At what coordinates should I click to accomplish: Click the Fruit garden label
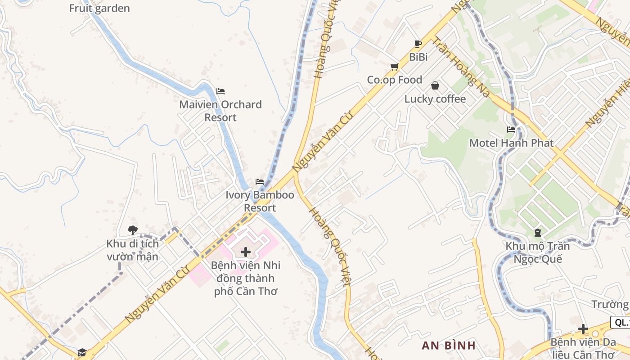pyautogui.click(x=99, y=8)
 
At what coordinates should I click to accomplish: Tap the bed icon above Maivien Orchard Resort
pyautogui.click(x=220, y=91)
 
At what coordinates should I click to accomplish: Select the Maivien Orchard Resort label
pyautogui.click(x=220, y=111)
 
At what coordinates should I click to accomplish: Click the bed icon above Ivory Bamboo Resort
pyautogui.click(x=260, y=182)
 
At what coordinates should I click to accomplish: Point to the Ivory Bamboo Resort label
pyautogui.click(x=260, y=201)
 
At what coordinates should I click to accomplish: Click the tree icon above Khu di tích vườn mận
pyautogui.click(x=133, y=230)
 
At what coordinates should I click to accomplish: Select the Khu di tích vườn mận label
pyautogui.click(x=133, y=250)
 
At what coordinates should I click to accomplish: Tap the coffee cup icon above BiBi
pyautogui.click(x=418, y=44)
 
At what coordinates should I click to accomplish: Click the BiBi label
pyautogui.click(x=418, y=57)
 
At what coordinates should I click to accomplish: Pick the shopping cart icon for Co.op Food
pyautogui.click(x=395, y=67)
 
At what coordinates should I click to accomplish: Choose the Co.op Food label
pyautogui.click(x=395, y=80)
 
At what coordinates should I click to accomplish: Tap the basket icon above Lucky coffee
pyautogui.click(x=435, y=85)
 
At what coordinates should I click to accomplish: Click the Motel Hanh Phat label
pyautogui.click(x=511, y=143)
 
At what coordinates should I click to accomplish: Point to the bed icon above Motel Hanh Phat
pyautogui.click(x=511, y=130)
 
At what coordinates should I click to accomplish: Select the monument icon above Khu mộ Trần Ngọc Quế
pyautogui.click(x=537, y=233)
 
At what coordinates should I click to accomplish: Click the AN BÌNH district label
pyautogui.click(x=449, y=346)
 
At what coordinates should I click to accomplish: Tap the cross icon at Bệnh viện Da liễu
pyautogui.click(x=583, y=329)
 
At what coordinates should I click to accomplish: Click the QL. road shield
pyautogui.click(x=621, y=322)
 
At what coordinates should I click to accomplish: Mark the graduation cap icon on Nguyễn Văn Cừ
pyautogui.click(x=82, y=352)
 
